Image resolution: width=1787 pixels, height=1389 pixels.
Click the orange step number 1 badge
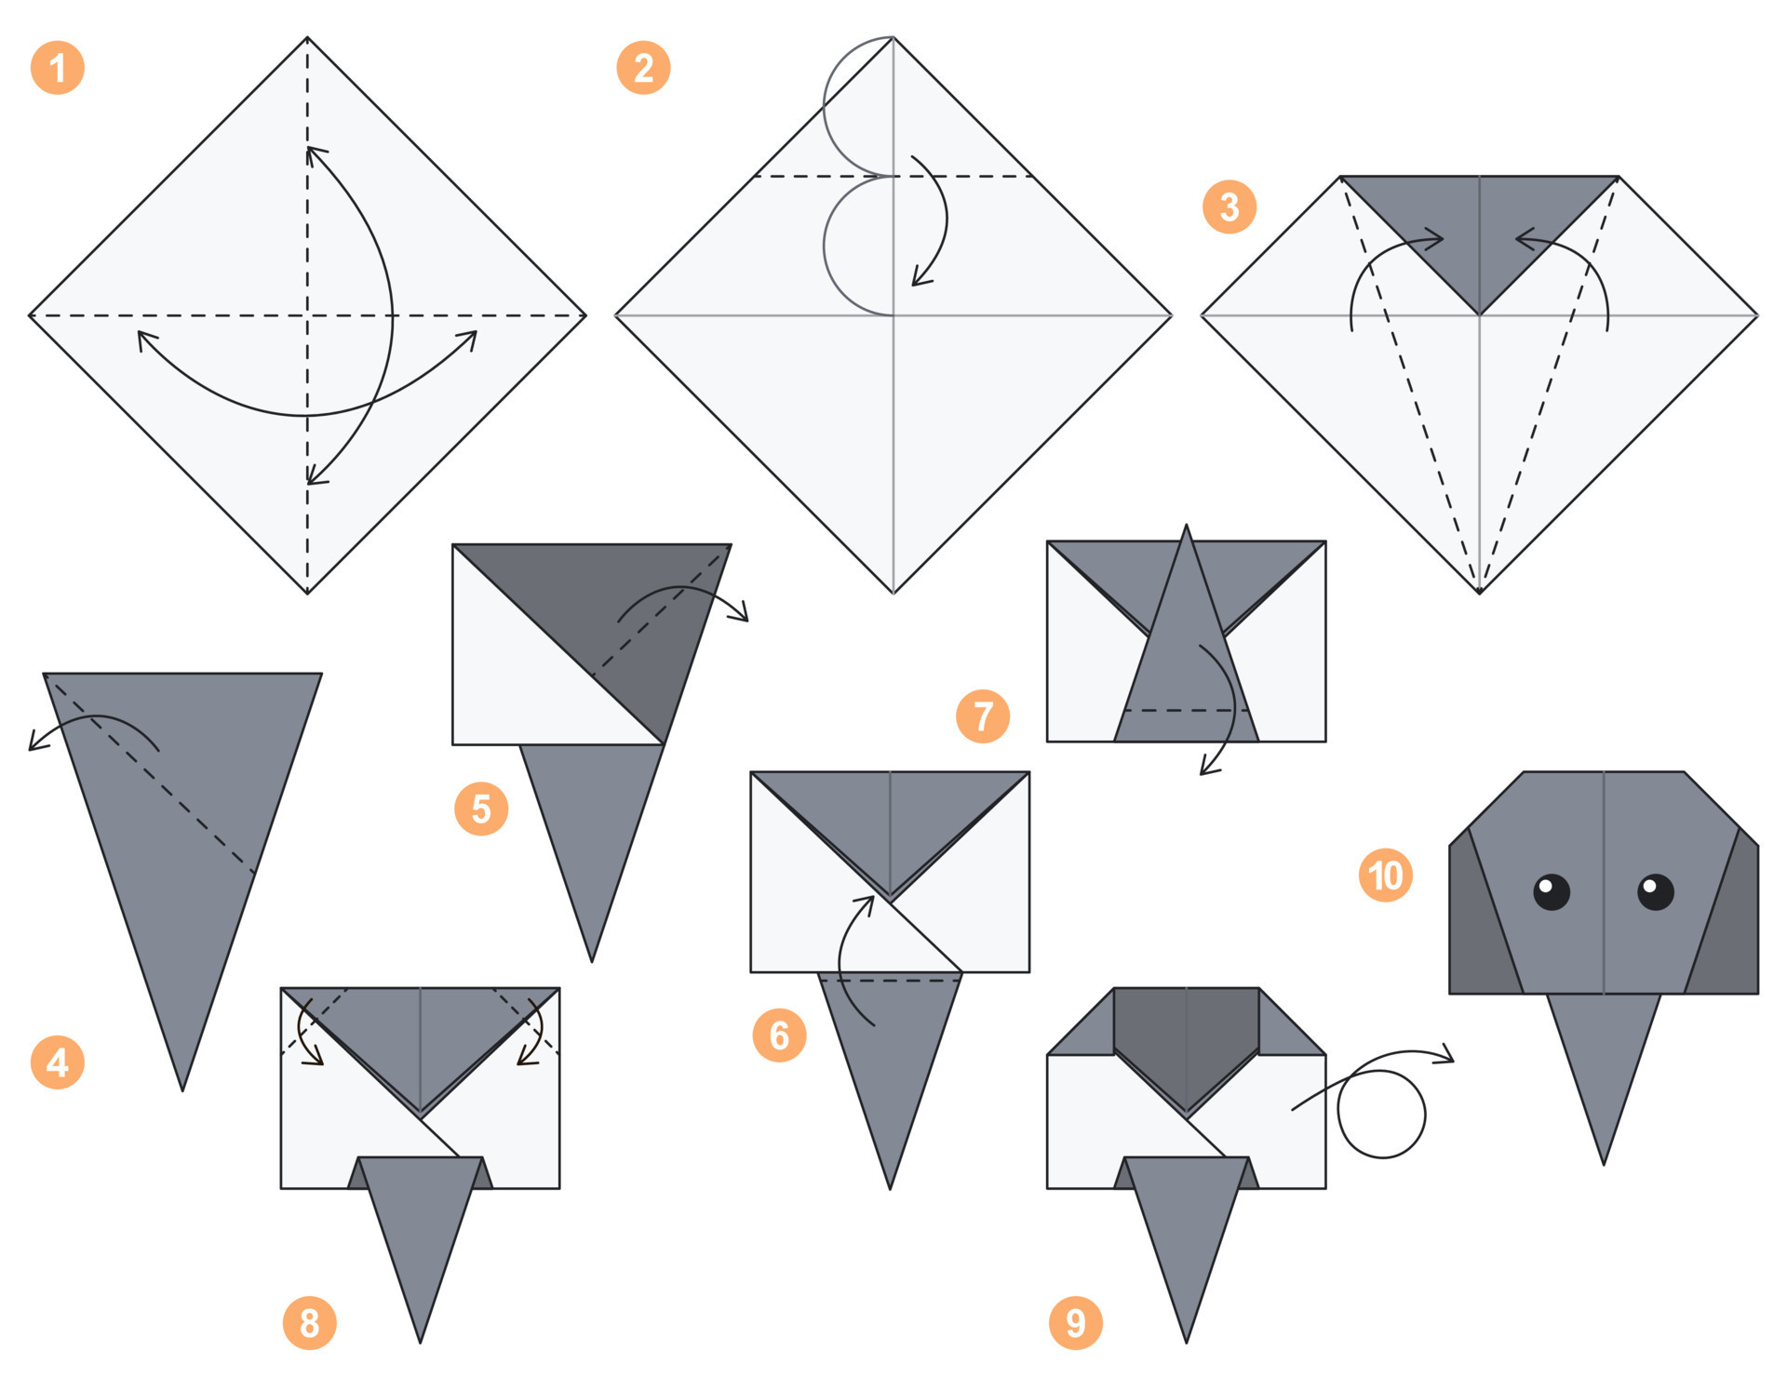[x=58, y=68]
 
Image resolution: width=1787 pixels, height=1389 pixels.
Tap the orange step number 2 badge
[x=643, y=68]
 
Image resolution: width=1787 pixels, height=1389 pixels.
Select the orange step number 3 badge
[x=1229, y=207]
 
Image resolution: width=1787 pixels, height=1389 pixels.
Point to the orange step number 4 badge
[x=58, y=1062]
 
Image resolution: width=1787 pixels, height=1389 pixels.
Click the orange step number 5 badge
[x=481, y=808]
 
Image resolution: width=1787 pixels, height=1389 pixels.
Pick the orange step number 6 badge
[x=779, y=1035]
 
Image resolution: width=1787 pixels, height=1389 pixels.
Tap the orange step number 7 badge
[x=983, y=715]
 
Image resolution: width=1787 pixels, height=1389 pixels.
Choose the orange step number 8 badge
[x=309, y=1322]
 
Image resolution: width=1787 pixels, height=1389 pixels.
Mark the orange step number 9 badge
[x=1075, y=1322]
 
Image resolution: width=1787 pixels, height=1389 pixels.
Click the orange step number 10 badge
[x=1385, y=875]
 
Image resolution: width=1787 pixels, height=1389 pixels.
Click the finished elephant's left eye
[x=1551, y=891]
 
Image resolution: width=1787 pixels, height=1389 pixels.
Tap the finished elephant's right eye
[x=1655, y=891]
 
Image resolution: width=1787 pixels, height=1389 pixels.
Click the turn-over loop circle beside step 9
[x=1381, y=1114]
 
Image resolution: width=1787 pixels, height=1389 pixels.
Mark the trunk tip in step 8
[x=420, y=1336]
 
